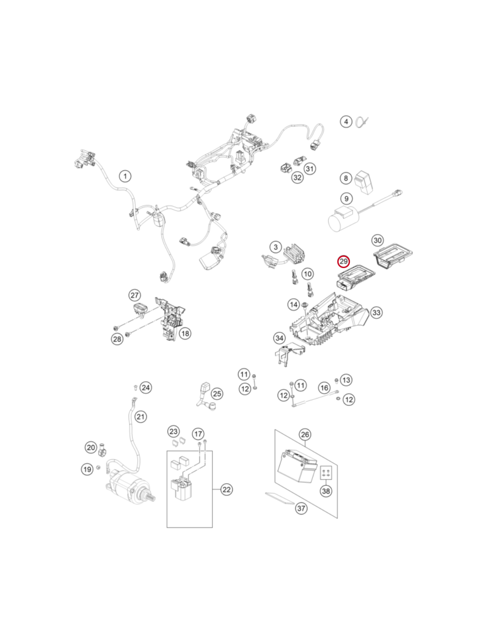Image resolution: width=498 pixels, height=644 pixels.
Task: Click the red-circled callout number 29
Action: [344, 261]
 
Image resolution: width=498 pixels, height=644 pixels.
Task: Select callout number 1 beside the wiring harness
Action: [125, 176]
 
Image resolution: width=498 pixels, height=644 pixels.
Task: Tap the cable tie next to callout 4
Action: [362, 121]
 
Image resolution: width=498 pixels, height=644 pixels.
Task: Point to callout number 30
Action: [378, 240]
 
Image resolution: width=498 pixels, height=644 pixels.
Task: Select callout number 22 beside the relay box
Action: [226, 489]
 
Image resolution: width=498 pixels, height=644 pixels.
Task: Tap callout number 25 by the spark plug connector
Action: [217, 394]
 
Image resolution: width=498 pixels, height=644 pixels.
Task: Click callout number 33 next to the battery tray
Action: [376, 312]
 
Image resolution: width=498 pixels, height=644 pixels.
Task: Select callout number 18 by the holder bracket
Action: [185, 333]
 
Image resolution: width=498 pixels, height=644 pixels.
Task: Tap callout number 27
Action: [134, 295]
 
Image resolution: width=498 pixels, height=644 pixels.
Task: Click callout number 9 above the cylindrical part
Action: [346, 198]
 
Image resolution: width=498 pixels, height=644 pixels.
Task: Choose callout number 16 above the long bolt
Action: [325, 388]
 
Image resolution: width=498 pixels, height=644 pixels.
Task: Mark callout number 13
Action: [346, 380]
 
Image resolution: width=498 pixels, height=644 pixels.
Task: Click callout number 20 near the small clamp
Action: [91, 447]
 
